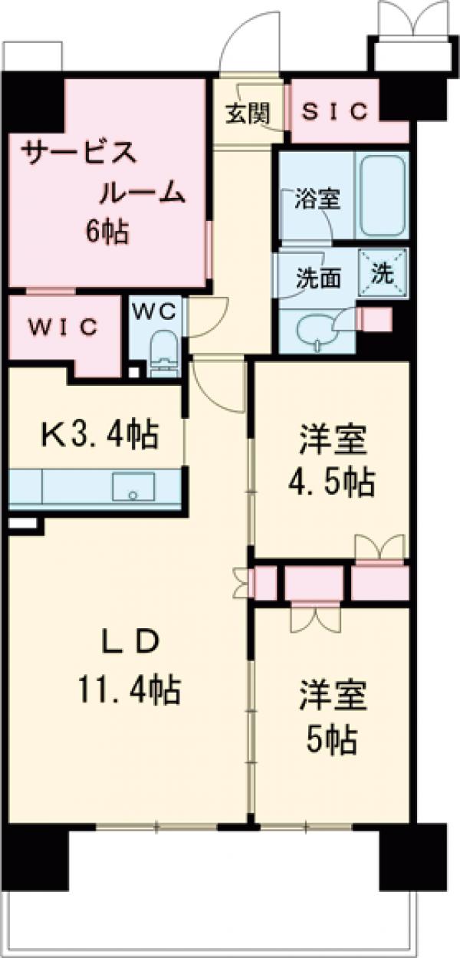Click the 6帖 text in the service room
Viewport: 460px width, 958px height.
coord(107,232)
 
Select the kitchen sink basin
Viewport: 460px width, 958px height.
coord(133,487)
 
